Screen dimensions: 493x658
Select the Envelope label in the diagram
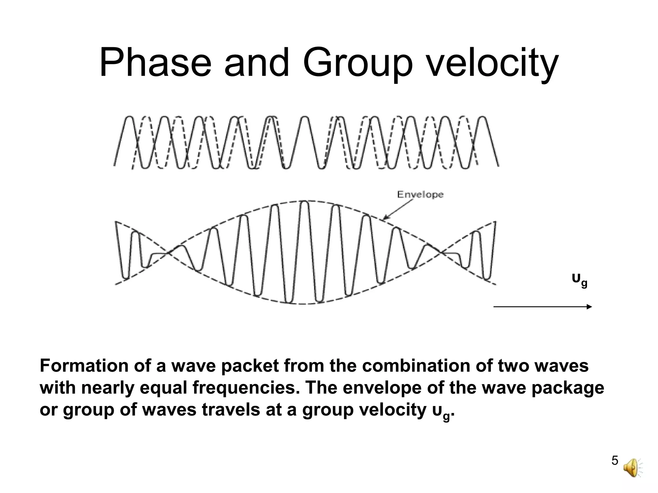click(x=420, y=195)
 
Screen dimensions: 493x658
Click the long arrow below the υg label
click(x=542, y=307)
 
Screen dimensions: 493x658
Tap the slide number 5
click(x=615, y=470)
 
